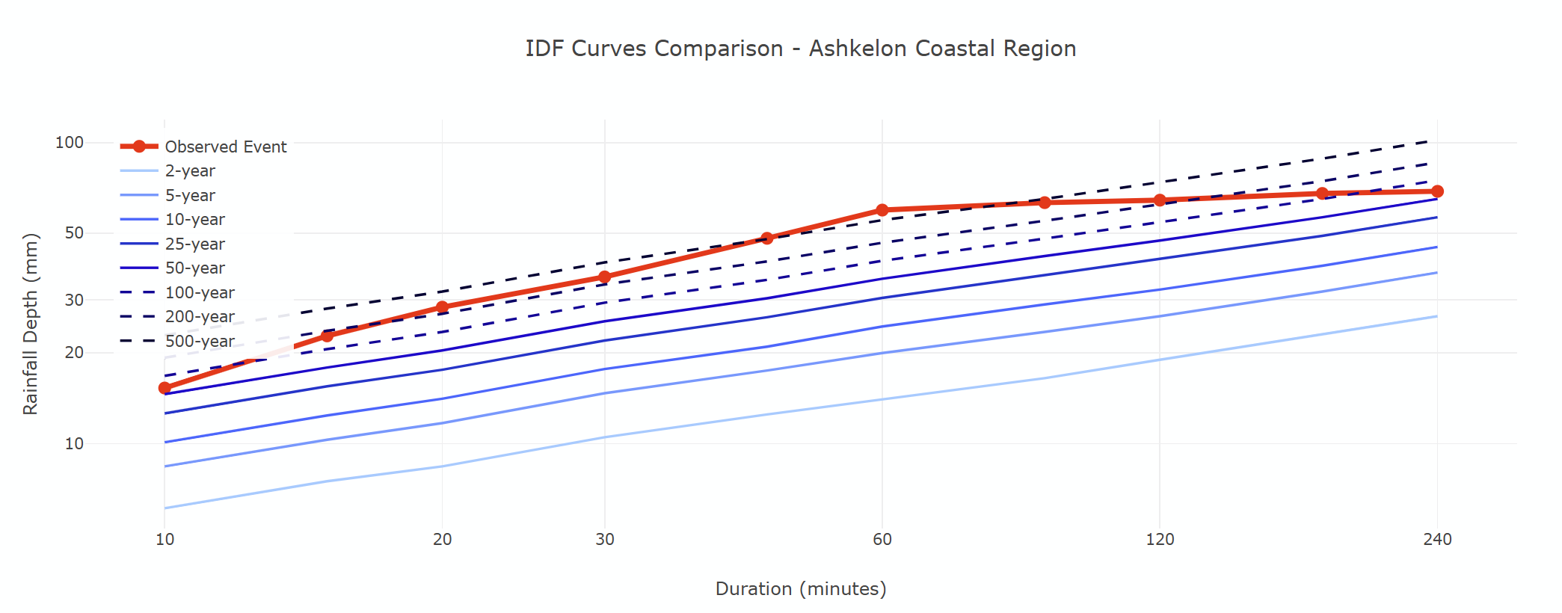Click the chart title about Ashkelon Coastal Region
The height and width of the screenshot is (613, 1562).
pyautogui.click(x=800, y=49)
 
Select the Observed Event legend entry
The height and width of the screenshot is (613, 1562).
pyautogui.click(x=225, y=147)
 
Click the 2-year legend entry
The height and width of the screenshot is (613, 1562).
pyautogui.click(x=190, y=171)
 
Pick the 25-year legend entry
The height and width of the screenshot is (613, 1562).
pyautogui.click(x=194, y=244)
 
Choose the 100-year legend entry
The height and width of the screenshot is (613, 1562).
pyautogui.click(x=200, y=292)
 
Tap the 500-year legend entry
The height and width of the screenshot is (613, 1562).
pyautogui.click(x=200, y=341)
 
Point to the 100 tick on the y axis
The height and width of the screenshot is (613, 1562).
pyautogui.click(x=70, y=142)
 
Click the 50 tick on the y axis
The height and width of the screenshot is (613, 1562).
pyautogui.click(x=74, y=232)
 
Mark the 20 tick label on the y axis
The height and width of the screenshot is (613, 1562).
pyautogui.click(x=74, y=353)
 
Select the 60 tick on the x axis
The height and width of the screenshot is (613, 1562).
pyautogui.click(x=882, y=539)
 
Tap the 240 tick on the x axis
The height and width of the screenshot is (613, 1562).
pyautogui.click(x=1437, y=539)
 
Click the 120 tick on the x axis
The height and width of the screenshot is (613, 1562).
pyautogui.click(x=1160, y=539)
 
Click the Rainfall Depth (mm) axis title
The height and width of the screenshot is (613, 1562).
pyautogui.click(x=30, y=324)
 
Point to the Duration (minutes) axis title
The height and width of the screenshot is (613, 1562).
pyautogui.click(x=800, y=589)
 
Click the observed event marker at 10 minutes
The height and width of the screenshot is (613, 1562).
pyautogui.click(x=164, y=388)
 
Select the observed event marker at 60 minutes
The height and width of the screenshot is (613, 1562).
pyautogui.click(x=882, y=210)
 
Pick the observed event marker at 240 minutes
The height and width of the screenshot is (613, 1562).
pyautogui.click(x=1437, y=191)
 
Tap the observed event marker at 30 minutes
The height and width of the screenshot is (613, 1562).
pyautogui.click(x=605, y=277)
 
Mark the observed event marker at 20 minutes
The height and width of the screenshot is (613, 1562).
pyautogui.click(x=442, y=306)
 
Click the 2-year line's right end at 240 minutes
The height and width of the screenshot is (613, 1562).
pyautogui.click(x=1437, y=316)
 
